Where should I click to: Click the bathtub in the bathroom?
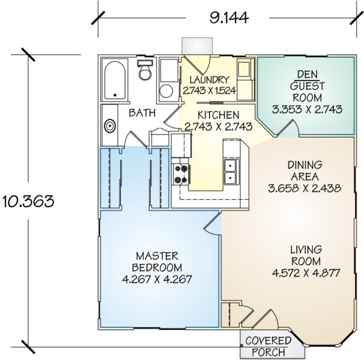[x=114, y=80]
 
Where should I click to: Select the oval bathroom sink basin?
[x=110, y=127]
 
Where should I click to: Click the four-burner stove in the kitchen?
[x=181, y=173]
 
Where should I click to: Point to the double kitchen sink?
[x=231, y=172]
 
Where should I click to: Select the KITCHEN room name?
[x=212, y=115]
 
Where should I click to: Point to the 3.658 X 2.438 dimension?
[x=305, y=188]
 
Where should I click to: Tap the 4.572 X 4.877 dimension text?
[x=306, y=273]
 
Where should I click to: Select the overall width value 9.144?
[x=229, y=17]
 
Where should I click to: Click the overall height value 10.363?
[x=29, y=200]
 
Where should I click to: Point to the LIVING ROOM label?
[x=306, y=255]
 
